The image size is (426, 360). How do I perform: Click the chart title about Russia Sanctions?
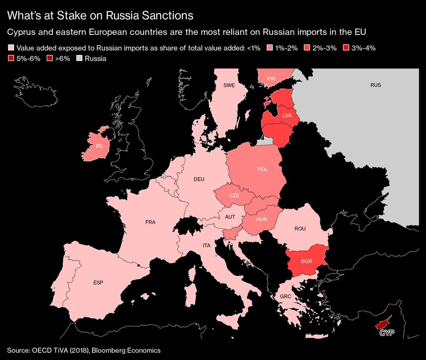(101, 16)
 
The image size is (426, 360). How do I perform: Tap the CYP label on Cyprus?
(385, 333)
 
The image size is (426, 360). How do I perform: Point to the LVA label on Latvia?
(287, 115)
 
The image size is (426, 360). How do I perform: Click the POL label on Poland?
(263, 169)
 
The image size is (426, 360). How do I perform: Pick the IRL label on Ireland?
(100, 146)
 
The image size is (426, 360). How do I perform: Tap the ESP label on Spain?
(98, 283)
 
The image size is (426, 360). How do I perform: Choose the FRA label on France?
(150, 222)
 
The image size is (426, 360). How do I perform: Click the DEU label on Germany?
(199, 179)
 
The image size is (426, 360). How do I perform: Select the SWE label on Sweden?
(229, 85)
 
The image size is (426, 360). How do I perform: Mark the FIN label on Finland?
(271, 79)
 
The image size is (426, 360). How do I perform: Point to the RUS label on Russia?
(375, 85)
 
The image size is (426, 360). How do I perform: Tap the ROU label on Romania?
(300, 229)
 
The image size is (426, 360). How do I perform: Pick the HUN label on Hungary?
(262, 219)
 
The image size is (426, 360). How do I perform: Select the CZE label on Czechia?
(234, 196)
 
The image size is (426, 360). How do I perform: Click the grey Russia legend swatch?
(79, 58)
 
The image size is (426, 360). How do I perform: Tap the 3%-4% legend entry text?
(363, 48)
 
